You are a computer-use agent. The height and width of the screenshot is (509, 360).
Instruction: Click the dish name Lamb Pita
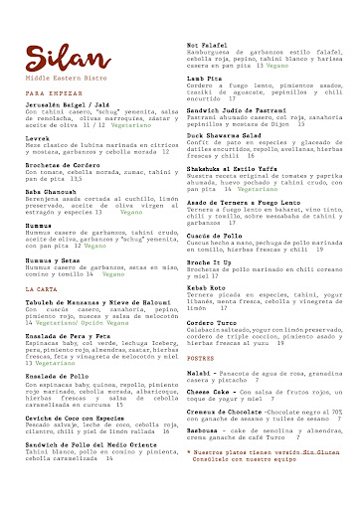click(x=204, y=77)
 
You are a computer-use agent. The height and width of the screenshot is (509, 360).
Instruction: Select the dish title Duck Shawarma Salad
click(x=224, y=133)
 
